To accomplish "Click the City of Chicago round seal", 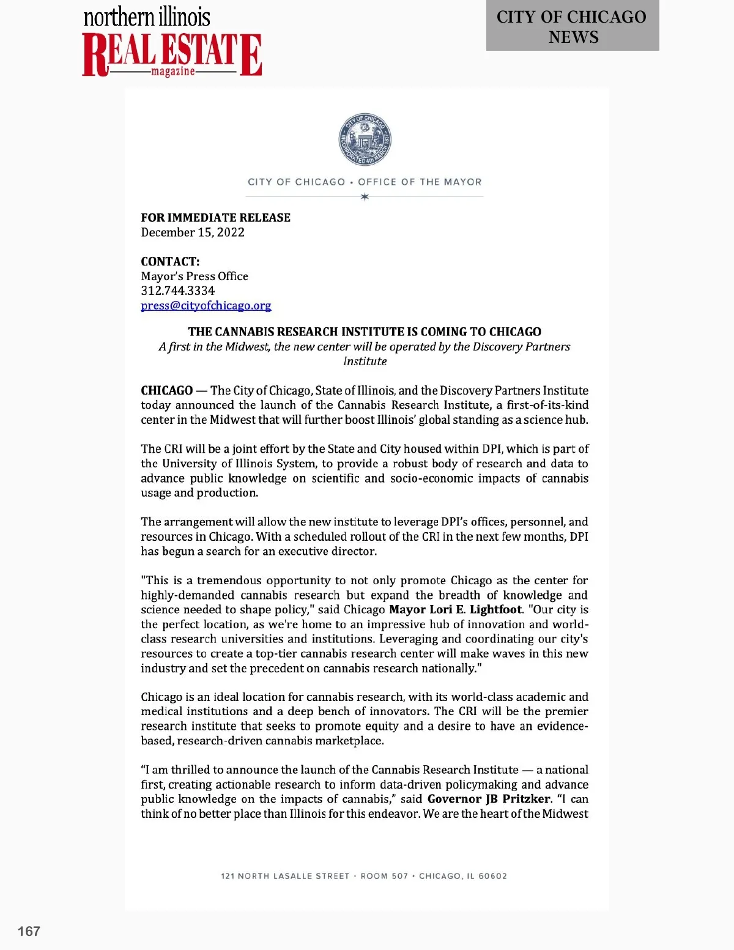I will tap(365, 140).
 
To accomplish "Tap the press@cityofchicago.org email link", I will tap(206, 305).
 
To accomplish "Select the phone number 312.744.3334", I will tap(177, 291).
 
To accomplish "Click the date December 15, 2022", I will tap(193, 232).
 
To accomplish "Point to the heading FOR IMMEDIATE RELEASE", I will tap(215, 218).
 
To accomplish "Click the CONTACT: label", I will tap(170, 262).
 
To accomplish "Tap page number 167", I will tap(29, 931).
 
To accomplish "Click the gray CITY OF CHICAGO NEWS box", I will tap(572, 26).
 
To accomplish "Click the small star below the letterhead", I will tap(365, 197).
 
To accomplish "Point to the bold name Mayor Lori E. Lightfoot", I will tap(456, 609).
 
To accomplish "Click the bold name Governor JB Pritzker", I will tap(489, 799).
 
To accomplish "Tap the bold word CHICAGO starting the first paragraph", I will tap(166, 390).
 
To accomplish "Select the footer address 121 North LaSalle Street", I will tap(285, 876).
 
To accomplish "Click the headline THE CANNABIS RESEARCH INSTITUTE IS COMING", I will tap(365, 332).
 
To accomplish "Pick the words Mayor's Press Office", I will tap(195, 276).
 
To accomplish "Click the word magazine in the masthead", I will tap(173, 72).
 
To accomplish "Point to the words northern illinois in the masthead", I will tap(147, 17).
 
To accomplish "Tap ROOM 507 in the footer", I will tap(384, 876).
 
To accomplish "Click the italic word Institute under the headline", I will tap(365, 361).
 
